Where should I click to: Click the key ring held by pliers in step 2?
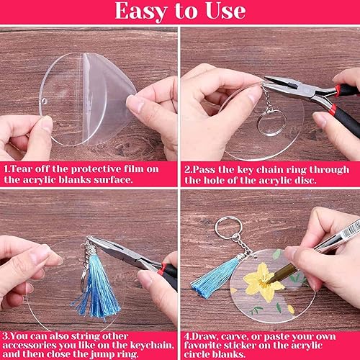click(271, 123)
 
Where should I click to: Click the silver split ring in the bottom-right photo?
click(229, 227)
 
